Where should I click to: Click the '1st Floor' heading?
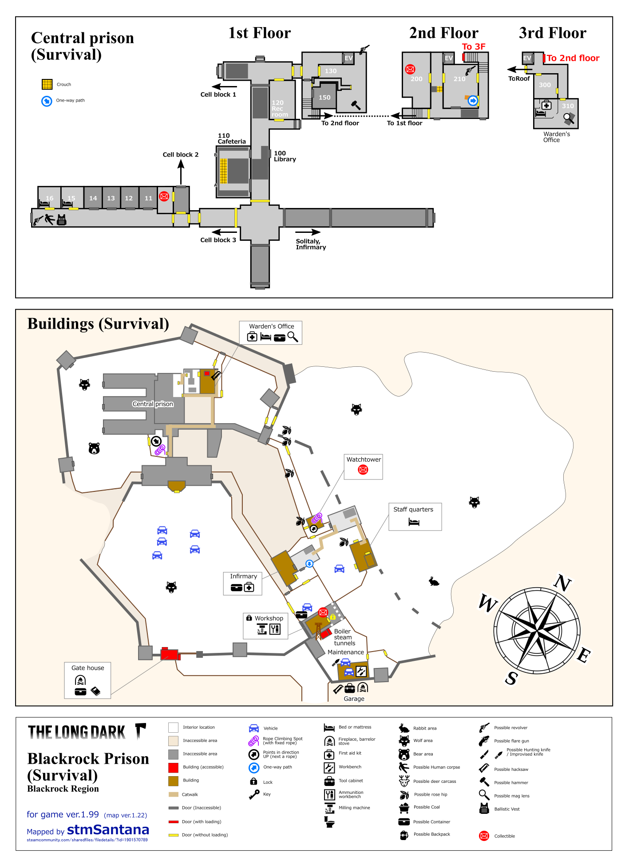coord(259,33)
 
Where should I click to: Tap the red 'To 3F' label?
coord(474,47)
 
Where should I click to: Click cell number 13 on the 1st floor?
coord(111,198)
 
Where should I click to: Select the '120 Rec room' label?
coord(279,109)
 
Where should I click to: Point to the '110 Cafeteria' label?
coord(231,139)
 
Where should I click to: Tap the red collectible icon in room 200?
coord(410,69)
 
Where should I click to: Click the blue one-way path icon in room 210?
coord(473,101)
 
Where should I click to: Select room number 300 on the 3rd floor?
coord(545,85)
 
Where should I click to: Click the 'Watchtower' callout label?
coord(364,459)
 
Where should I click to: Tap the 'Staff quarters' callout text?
coord(413,510)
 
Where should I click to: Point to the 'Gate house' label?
coord(88,668)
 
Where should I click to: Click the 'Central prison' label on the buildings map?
coord(153,404)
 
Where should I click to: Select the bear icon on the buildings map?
coord(94,448)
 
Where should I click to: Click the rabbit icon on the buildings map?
coord(434,581)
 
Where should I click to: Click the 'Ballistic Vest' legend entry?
coord(507,809)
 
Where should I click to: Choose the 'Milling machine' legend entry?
coord(354,808)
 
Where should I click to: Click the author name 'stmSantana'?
coord(108,829)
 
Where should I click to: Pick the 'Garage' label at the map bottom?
coord(354,699)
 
